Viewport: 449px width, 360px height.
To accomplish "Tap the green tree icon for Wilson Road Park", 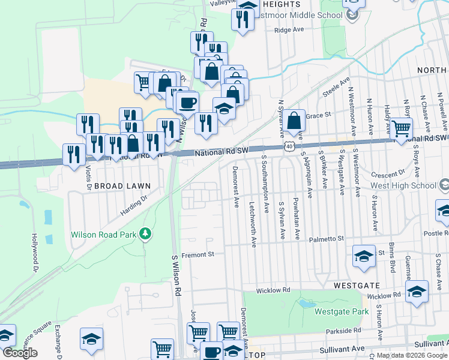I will click(145, 233).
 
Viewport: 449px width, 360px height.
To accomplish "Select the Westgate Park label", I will click(342, 311).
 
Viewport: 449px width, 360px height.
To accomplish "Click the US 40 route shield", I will click(289, 146).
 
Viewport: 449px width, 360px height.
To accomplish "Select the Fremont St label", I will click(199, 254).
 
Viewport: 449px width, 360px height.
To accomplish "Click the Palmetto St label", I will click(327, 239).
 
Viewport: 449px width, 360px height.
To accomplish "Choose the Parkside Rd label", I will click(345, 331).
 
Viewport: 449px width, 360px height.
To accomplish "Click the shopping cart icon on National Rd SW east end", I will click(401, 127).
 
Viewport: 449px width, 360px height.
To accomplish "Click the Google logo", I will click(19, 353).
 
